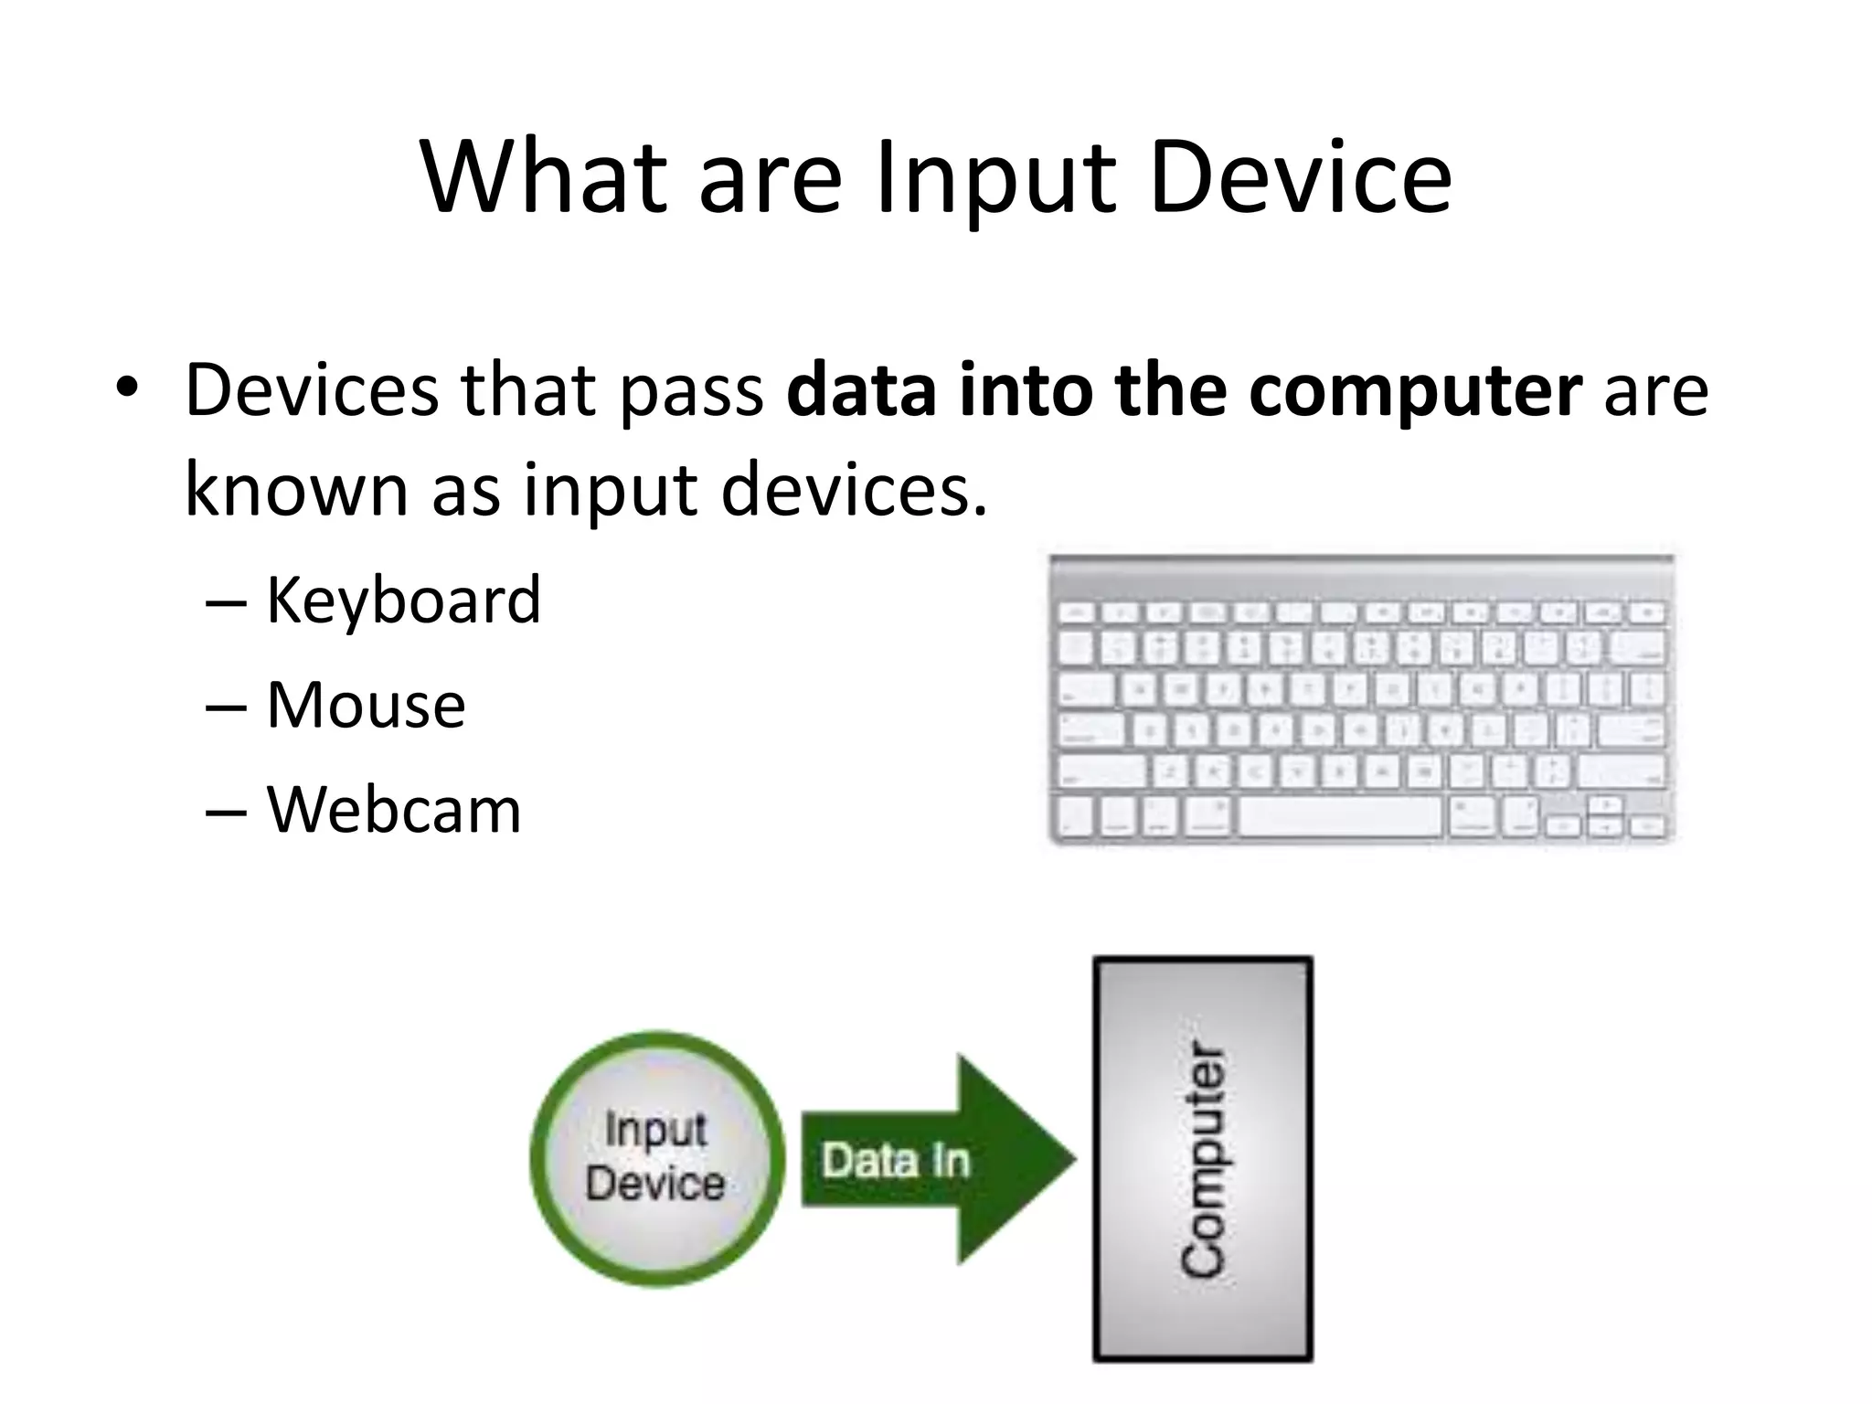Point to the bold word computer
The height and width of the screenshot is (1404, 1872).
pyautogui.click(x=1415, y=391)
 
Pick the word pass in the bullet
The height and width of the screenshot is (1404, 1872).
pyautogui.click(x=692, y=391)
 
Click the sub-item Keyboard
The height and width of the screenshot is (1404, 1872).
pyautogui.click(x=403, y=601)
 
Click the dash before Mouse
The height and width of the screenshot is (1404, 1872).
pyautogui.click(x=226, y=707)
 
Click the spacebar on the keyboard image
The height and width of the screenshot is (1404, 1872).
pyautogui.click(x=1340, y=815)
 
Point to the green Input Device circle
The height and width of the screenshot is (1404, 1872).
pyautogui.click(x=656, y=1158)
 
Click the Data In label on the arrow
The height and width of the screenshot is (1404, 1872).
pyautogui.click(x=895, y=1161)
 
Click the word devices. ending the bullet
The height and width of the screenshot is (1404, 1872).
pyautogui.click(x=854, y=489)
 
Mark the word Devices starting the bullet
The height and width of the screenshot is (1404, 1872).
pyautogui.click(x=312, y=391)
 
